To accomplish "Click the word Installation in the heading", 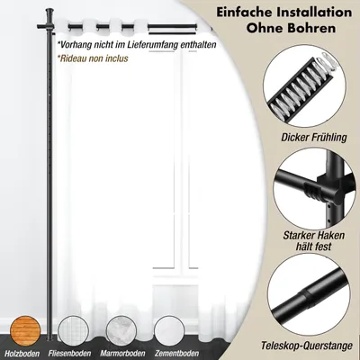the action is [x=313, y=13].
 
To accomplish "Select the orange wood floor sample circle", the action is [x=25, y=331].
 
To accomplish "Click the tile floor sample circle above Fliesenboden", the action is [x=73, y=331].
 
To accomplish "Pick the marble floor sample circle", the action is [x=121, y=331].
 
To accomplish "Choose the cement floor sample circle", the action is [x=169, y=331].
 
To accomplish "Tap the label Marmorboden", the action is [x=122, y=354].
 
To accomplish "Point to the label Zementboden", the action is [x=176, y=354].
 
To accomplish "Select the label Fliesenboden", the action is [x=69, y=354].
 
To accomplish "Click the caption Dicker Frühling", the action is [x=314, y=138].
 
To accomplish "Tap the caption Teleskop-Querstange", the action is [x=307, y=346].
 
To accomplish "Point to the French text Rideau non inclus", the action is [x=94, y=58].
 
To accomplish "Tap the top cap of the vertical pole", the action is [x=49, y=13].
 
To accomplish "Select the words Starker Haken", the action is [x=314, y=236].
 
